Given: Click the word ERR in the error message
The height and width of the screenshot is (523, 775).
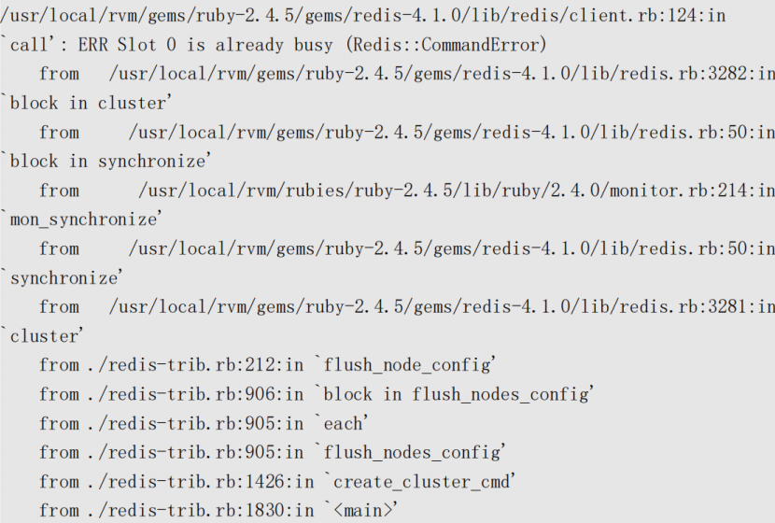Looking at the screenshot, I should pos(92,45).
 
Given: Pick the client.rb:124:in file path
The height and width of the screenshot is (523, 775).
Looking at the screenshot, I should pos(363,15).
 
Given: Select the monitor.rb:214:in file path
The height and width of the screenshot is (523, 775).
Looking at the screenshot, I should pos(457,191).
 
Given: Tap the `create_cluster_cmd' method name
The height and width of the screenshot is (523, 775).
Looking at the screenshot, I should pos(419,482).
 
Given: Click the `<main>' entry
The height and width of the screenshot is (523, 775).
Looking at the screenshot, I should pos(361,511).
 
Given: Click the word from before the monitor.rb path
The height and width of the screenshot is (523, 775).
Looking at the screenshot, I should pos(60,191).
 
